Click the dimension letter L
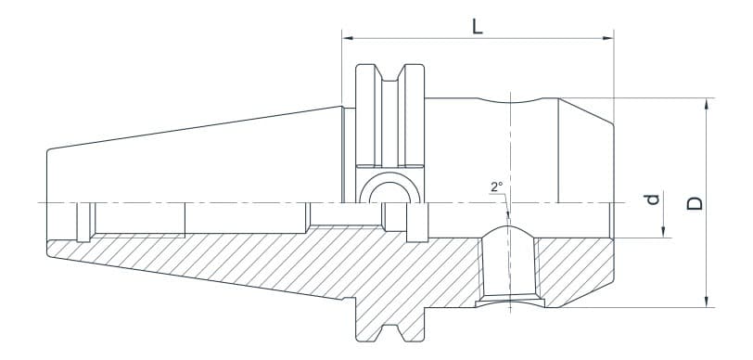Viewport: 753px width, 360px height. (x=477, y=26)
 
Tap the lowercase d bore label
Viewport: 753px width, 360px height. (x=652, y=200)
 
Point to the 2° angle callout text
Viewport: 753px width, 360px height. (x=497, y=186)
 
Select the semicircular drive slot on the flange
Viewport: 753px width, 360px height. (x=387, y=190)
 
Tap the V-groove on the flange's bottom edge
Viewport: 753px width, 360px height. (x=387, y=331)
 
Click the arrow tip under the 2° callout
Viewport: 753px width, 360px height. (x=507, y=219)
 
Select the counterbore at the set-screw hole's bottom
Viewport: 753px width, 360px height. (x=508, y=302)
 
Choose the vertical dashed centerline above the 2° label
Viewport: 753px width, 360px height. (x=508, y=139)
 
